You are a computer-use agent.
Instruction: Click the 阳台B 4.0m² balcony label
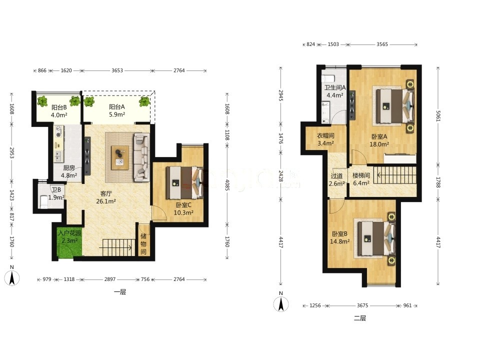point(59,111)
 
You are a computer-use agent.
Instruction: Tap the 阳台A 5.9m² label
point(117,110)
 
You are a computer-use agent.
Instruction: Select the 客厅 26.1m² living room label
point(106,197)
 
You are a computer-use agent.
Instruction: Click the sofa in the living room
point(141,157)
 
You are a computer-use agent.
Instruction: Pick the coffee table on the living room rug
point(120,157)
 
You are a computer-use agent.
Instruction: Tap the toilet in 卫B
point(44,201)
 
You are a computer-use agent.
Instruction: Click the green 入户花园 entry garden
point(69,242)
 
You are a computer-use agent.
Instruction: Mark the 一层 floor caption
point(120,292)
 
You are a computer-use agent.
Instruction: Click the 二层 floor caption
point(360,318)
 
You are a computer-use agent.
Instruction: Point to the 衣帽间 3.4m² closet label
point(325,139)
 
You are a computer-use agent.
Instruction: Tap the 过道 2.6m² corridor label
point(336,179)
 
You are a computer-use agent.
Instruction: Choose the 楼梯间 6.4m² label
point(361,179)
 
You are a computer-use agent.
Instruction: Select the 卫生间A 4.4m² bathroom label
point(335,91)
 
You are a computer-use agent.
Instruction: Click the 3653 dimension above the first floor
point(117,70)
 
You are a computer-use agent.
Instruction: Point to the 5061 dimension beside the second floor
point(438,115)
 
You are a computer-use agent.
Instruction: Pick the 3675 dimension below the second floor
point(362,305)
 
